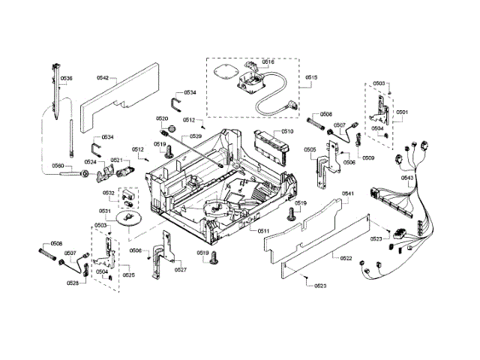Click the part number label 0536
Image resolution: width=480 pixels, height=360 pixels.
[x=67, y=79]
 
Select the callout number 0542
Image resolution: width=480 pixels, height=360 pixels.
[x=103, y=78]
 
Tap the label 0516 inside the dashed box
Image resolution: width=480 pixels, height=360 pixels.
[x=268, y=62]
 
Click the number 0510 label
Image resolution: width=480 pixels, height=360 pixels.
[x=287, y=131]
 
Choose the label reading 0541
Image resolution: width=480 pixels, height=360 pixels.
[x=348, y=193]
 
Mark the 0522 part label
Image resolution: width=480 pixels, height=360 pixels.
[x=346, y=259]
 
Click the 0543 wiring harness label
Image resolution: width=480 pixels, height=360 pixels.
[x=407, y=178]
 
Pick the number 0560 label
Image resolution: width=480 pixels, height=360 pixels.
[x=58, y=166]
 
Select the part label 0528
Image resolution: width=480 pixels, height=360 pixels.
[x=73, y=283]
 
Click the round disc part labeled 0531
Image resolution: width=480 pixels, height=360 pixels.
[x=130, y=217]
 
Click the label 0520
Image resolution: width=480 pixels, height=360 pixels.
[x=162, y=118]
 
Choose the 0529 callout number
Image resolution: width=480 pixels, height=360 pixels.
[x=196, y=136]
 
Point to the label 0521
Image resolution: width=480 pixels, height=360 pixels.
[x=117, y=160]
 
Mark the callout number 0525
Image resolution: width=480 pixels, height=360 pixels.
[x=129, y=275]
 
